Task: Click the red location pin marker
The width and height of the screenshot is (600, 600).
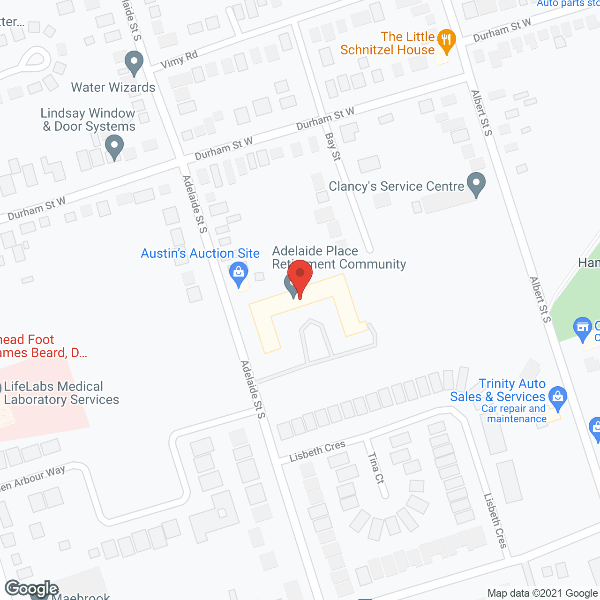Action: [x=300, y=277]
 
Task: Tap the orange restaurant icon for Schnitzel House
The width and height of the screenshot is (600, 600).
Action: [x=446, y=40]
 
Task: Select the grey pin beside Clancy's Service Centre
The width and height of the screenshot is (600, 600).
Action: [x=476, y=184]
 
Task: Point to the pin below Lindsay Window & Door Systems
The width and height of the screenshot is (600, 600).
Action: [x=114, y=146]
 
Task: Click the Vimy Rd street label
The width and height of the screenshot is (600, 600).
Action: [x=179, y=59]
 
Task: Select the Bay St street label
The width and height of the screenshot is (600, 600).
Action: [x=333, y=147]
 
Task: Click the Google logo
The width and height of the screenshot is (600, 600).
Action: [x=31, y=589]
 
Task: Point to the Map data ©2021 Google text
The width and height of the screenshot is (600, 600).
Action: [x=542, y=593]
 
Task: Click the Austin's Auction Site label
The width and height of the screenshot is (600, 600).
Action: [x=200, y=253]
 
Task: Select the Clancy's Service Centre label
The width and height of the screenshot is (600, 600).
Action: [x=396, y=186]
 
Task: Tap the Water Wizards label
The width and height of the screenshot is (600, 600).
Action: [x=113, y=87]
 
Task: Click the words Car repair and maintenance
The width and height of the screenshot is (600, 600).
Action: [x=515, y=414]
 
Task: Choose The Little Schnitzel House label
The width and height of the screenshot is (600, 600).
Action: [x=388, y=43]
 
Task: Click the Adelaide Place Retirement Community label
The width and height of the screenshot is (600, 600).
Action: [x=338, y=257]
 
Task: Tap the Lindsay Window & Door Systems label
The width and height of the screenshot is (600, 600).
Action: [x=88, y=120]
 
